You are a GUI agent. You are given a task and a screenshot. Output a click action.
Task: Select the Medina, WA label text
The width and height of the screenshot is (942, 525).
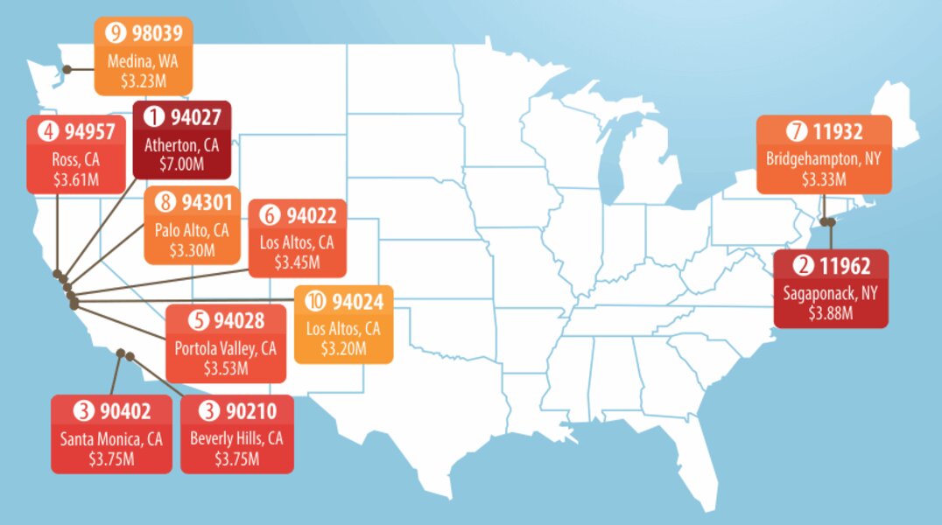coord(143,62)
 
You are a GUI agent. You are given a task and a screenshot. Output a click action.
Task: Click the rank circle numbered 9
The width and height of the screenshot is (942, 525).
coord(114,33)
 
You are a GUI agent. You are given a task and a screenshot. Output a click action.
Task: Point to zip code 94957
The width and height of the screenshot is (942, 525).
coord(85,133)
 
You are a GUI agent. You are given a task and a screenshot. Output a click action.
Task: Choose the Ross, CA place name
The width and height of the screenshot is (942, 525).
coord(76,162)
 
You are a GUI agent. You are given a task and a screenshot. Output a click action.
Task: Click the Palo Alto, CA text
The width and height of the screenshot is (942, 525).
coord(192,231)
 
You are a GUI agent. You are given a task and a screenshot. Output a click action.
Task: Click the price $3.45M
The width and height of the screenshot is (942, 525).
coord(297,262)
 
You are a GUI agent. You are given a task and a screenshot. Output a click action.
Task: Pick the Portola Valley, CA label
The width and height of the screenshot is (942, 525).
coord(225,348)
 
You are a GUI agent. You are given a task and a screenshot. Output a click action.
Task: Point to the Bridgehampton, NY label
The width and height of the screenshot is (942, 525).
coord(823,160)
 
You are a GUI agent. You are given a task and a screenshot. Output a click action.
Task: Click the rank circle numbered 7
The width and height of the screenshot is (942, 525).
coord(795,132)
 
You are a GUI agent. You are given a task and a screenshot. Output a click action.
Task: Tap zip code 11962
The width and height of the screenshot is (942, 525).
coord(841,265)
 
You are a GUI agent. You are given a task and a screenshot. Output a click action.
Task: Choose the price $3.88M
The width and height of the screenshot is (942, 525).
coord(830,312)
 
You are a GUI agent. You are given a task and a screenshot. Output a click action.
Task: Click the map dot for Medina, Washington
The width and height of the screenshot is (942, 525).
coord(67,69)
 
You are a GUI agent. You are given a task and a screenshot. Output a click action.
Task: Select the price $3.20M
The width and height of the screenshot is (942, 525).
coord(342,348)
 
